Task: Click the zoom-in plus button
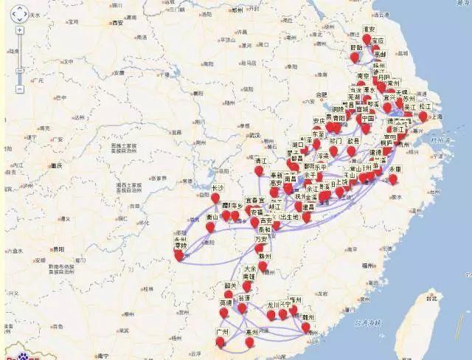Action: coord(19,31)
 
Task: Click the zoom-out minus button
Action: coord(19,89)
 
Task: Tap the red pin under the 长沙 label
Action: coord(215,198)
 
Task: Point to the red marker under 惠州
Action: coord(250,342)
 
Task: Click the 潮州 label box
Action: coord(308,317)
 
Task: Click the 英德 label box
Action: coord(226,302)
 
